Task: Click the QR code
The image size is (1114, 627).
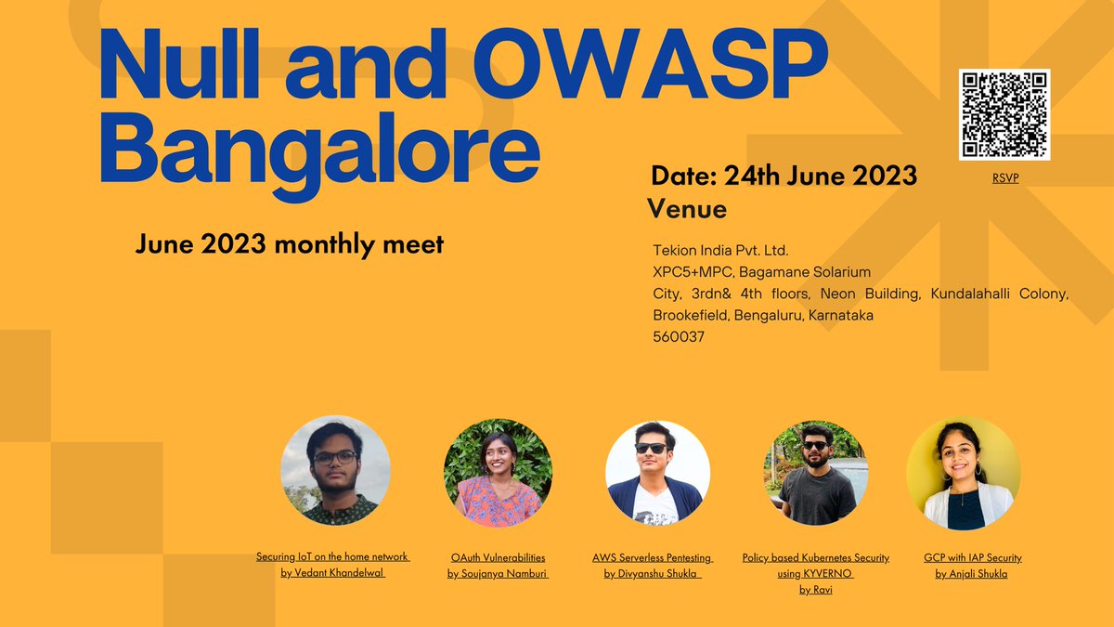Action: [1004, 114]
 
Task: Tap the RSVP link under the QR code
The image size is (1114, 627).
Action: [1005, 178]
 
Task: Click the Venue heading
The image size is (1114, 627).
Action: [688, 209]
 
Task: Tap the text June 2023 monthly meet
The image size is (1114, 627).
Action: [290, 245]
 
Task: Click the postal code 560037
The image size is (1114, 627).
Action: [679, 337]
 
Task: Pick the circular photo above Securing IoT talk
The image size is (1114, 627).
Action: [335, 470]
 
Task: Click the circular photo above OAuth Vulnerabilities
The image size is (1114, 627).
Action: [498, 473]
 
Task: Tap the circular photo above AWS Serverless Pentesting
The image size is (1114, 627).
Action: [657, 474]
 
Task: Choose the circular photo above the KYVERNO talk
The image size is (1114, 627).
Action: [817, 473]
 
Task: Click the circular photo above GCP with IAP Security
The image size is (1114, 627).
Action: [960, 472]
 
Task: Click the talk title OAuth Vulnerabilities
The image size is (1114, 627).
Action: [498, 557]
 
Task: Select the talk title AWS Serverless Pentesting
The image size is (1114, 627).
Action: [653, 557]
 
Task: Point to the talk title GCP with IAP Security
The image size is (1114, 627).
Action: [972, 557]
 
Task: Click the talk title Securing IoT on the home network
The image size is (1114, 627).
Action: [333, 556]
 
